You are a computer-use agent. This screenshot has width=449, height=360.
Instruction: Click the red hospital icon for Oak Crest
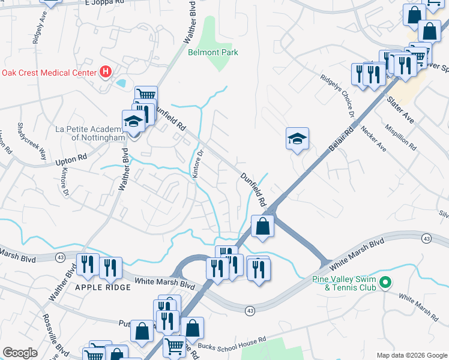tap(106, 73)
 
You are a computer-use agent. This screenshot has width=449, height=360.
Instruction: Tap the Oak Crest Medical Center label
tap(49, 73)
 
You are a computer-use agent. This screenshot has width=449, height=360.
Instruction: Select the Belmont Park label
tap(213, 53)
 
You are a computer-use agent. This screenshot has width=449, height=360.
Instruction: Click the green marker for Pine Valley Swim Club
tap(387, 281)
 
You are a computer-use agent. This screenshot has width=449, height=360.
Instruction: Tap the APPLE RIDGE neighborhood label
tap(103, 287)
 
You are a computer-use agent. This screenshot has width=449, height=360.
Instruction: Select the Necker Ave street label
tap(373, 139)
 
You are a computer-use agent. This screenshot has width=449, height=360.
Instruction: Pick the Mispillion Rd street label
tap(401, 137)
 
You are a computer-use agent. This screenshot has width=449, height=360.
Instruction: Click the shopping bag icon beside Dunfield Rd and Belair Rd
tap(263, 227)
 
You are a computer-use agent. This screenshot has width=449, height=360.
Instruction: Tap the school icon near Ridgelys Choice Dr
tap(297, 140)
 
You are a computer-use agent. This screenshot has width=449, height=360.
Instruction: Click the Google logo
tap(20, 353)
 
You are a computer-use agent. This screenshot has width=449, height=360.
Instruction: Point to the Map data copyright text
tap(411, 355)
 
